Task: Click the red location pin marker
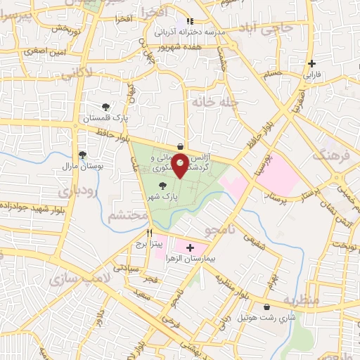(x=181, y=166)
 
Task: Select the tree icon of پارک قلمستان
(x=105, y=108)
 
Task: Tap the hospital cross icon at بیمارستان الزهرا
(x=189, y=247)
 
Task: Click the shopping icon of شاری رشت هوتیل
(x=267, y=307)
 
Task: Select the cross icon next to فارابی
(x=311, y=63)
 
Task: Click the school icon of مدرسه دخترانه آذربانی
(x=189, y=22)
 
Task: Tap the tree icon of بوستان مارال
(x=82, y=155)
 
